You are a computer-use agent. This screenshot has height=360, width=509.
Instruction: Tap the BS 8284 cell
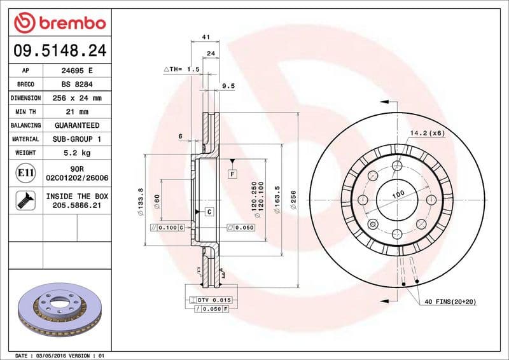[77, 85]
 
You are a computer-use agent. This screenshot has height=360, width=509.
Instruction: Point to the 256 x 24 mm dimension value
[77, 99]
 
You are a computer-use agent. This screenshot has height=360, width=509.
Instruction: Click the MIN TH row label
[26, 112]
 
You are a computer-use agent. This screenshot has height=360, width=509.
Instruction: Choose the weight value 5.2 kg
[77, 153]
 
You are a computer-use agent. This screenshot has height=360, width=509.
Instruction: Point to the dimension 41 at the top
[206, 38]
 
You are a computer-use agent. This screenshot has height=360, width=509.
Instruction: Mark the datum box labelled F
[233, 173]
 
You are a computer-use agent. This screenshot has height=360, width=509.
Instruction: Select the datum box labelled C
[209, 211]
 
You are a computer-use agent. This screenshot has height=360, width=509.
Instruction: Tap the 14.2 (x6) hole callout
[427, 134]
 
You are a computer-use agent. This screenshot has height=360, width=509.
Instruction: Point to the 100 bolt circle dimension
[398, 194]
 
